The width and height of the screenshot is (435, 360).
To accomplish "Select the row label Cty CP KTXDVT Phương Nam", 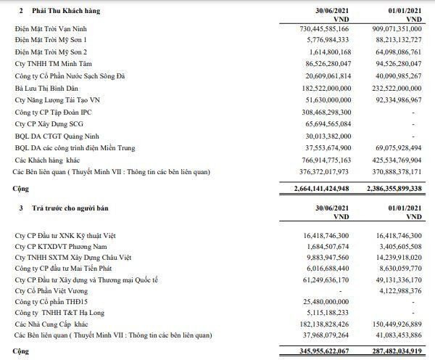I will [65, 247].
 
